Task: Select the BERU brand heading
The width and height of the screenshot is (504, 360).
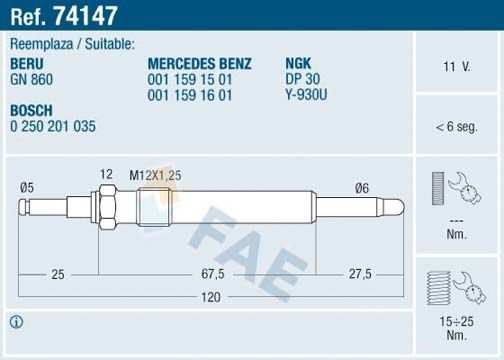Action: point(26,62)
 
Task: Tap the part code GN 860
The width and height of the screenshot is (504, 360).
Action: point(32,76)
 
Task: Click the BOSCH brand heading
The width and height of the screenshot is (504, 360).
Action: point(31,109)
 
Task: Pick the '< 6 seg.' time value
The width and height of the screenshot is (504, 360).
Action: point(456,127)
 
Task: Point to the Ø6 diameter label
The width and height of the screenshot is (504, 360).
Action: point(364,187)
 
